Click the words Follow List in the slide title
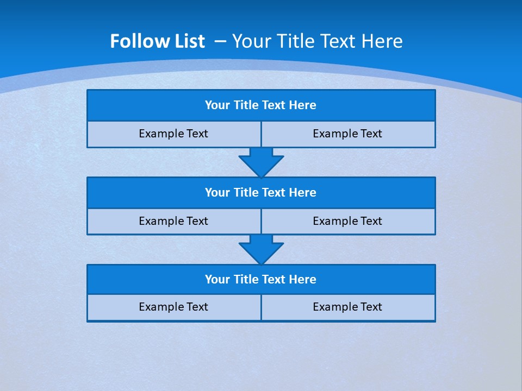(157, 41)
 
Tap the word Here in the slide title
(383, 41)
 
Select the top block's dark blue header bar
(261, 105)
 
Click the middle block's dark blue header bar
(261, 193)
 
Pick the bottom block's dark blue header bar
(261, 280)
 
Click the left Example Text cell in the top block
(173, 134)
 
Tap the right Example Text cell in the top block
(347, 134)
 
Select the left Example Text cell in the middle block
(173, 221)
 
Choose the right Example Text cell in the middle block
(347, 221)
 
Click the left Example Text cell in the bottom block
(173, 307)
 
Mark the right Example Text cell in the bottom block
(347, 307)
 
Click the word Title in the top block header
(246, 105)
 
